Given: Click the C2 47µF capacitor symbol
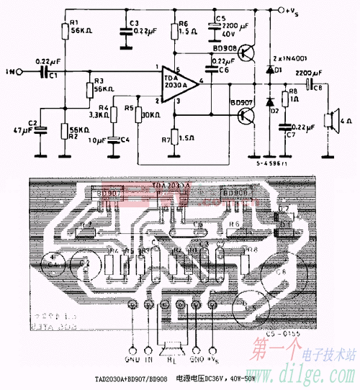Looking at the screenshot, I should [x=41, y=129].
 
